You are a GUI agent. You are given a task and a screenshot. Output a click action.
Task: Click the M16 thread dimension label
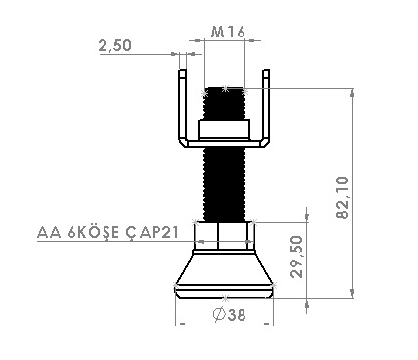pos(228,32)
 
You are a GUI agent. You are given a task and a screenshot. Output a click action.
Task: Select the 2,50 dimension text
pos(114,45)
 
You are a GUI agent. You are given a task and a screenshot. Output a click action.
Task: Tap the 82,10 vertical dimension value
pos(342,197)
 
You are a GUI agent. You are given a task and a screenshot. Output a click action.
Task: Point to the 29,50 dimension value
pos(297,256)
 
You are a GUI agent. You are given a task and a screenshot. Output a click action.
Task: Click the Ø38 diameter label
pos(229,315)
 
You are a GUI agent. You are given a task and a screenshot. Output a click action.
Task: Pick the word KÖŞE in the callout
pos(93,232)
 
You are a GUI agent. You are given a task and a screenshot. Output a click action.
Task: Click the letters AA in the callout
pos(49,232)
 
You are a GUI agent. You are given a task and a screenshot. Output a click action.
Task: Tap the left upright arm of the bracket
pos(182,106)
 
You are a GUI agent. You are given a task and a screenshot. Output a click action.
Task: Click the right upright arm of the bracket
pos(266,106)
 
